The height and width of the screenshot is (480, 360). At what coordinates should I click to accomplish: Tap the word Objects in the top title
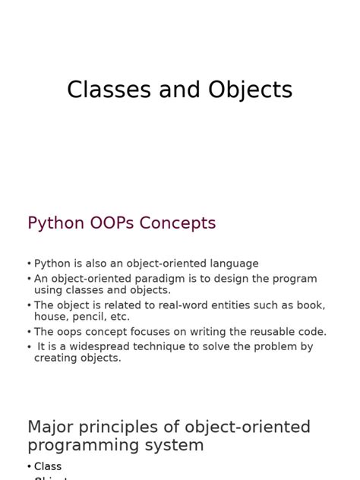tap(246, 90)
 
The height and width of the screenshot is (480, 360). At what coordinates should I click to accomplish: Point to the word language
tap(228, 264)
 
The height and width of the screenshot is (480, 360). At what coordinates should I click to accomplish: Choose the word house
tap(50, 317)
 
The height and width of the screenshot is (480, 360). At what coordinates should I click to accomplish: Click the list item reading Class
tap(48, 466)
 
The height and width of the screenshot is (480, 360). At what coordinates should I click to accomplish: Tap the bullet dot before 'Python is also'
tap(30, 264)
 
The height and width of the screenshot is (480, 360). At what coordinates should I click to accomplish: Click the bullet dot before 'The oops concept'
tap(30, 333)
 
